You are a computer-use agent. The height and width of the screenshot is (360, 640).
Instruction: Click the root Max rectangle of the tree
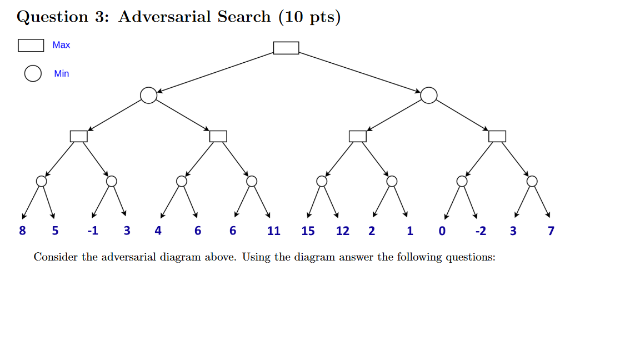[x=286, y=48]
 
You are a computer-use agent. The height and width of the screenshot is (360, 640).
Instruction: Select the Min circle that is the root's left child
[x=148, y=96]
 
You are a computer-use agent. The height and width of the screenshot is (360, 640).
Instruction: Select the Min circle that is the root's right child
[x=428, y=96]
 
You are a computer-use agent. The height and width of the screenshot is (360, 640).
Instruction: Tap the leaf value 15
[x=308, y=231]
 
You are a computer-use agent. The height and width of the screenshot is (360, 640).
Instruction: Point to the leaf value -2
[x=481, y=231]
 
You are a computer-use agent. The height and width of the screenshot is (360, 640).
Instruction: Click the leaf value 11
[x=273, y=231]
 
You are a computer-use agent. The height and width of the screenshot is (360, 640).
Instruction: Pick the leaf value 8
[x=22, y=231]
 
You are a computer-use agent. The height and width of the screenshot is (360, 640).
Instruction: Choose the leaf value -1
[x=92, y=231]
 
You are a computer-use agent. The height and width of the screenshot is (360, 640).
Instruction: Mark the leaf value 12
[x=343, y=231]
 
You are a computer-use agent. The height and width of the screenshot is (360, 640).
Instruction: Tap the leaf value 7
[x=551, y=231]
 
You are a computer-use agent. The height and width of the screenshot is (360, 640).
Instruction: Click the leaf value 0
[x=442, y=231]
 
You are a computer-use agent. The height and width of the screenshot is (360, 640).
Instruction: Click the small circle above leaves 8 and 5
[x=42, y=181]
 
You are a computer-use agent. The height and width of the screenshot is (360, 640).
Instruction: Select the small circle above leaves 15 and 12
[x=322, y=181]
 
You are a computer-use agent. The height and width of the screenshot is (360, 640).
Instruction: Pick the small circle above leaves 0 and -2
[x=462, y=181]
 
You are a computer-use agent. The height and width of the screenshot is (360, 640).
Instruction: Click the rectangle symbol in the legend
[x=31, y=45]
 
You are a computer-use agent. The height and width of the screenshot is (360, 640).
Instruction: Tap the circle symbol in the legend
[x=33, y=73]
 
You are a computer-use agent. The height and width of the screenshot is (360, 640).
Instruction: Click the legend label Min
[x=62, y=73]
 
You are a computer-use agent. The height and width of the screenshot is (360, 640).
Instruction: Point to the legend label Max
[x=61, y=45]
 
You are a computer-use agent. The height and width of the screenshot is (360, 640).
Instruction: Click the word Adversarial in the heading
[x=164, y=17]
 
